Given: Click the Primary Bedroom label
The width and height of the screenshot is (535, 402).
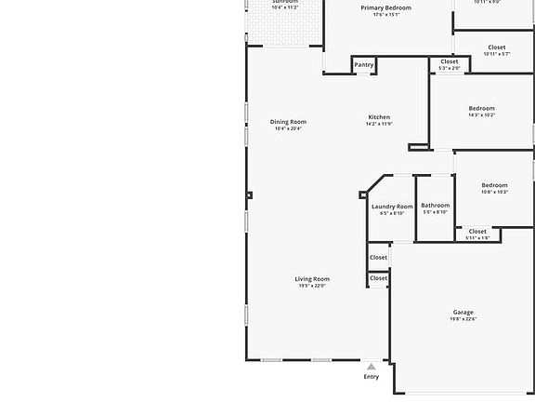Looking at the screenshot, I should point(385,7).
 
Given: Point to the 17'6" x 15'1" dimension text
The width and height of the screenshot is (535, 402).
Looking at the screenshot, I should point(385,15).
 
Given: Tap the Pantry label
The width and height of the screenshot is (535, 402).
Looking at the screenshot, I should point(364,65).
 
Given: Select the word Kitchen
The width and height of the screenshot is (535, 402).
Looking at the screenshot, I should point(378,117).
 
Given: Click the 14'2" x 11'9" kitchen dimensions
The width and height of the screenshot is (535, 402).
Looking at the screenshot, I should point(378,125).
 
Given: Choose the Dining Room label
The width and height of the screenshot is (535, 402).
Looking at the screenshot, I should point(288,122).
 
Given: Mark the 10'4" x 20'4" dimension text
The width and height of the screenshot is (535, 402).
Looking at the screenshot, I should point(288,129).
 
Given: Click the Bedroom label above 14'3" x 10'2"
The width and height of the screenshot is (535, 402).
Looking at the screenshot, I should point(481,108).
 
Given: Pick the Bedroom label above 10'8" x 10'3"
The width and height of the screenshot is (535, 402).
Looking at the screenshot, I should point(494,185).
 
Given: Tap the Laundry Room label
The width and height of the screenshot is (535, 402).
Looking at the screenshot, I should point(392,206).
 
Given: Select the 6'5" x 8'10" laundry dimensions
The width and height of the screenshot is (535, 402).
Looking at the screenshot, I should point(392,213).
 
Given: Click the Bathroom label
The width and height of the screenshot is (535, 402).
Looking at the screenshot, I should point(435,206).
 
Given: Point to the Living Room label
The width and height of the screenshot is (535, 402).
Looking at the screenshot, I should point(312,279).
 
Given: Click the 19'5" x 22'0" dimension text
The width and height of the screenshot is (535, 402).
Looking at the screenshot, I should point(312,287).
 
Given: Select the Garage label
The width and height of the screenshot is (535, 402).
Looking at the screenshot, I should point(463,313).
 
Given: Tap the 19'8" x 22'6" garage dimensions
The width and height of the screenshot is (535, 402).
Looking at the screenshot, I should point(463,320).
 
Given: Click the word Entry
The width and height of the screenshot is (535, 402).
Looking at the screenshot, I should point(372,377).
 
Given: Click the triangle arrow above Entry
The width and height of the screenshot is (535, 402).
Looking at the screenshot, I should point(372,367).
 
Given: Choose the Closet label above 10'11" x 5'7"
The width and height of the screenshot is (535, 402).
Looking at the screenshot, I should point(497,47).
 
